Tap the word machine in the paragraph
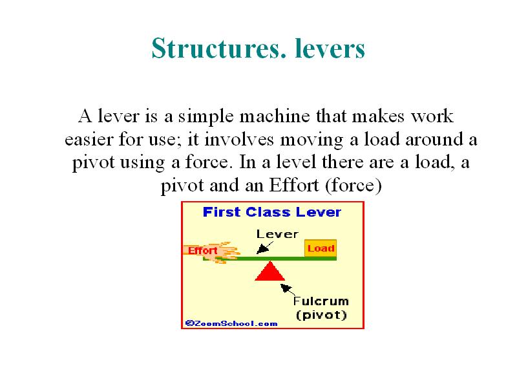point(275,116)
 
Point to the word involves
point(239,139)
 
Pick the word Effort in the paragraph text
point(294,185)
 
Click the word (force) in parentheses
point(353,186)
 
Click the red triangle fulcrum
point(270,272)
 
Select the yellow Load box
point(321,248)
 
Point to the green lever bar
point(270,258)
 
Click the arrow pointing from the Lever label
point(265,248)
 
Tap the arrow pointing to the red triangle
point(288,290)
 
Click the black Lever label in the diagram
point(277,234)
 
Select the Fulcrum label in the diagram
point(321,301)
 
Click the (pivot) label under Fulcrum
point(321,315)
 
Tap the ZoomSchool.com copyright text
point(231,323)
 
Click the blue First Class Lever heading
point(272,212)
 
